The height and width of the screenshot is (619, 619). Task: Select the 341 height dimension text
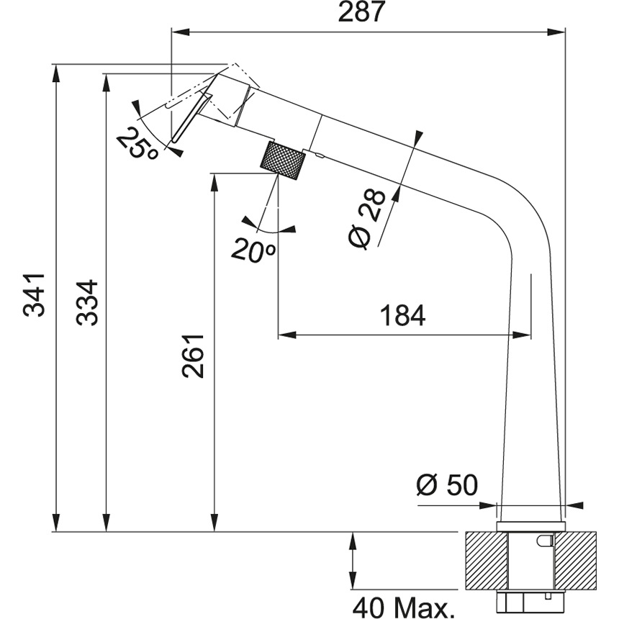[34, 294]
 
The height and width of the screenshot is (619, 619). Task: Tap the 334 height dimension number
[87, 302]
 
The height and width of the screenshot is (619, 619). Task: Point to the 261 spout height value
[194, 355]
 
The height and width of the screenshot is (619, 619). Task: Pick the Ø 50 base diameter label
[446, 485]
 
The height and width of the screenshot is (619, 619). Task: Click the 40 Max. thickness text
[403, 606]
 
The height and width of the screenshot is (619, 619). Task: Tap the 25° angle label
[138, 145]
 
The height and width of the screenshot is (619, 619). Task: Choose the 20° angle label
[254, 249]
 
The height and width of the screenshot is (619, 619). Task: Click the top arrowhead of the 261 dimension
[214, 179]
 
